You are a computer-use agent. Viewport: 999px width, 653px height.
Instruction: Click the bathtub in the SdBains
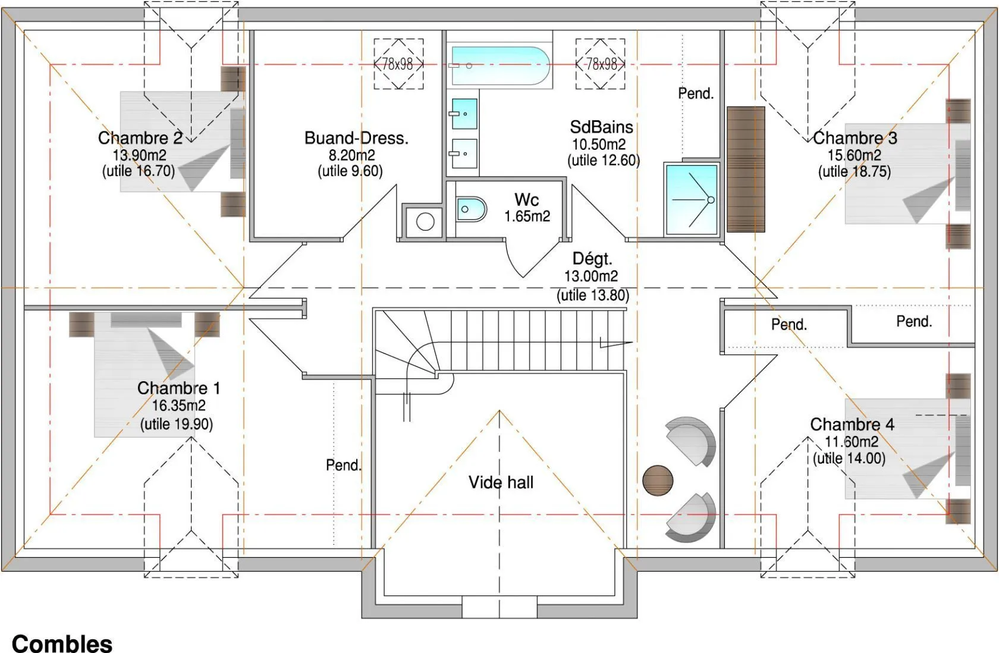click(x=500, y=65)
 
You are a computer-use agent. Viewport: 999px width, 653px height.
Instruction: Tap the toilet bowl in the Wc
click(x=471, y=209)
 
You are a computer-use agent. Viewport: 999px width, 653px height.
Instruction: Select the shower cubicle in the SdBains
click(x=691, y=199)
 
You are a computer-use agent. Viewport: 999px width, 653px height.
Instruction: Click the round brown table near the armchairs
click(x=658, y=481)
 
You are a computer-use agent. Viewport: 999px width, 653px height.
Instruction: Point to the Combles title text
click(x=62, y=643)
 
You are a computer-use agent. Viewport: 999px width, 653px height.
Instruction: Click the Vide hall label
click(x=501, y=482)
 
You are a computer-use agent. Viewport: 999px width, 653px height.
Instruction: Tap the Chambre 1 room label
click(x=179, y=388)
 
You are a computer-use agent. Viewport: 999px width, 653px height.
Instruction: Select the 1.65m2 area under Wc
click(x=527, y=216)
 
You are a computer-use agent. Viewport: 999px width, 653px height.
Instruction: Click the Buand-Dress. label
click(x=356, y=138)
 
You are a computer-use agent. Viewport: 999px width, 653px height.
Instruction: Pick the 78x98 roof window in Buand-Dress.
click(x=398, y=64)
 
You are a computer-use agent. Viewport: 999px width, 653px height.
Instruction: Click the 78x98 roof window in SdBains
click(x=601, y=64)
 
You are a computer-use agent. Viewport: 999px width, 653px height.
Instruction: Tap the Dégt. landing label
click(x=592, y=258)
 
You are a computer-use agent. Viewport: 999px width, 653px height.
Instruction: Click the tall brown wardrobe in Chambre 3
click(x=746, y=169)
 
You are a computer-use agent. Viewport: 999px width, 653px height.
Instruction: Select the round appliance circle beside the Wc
click(x=425, y=222)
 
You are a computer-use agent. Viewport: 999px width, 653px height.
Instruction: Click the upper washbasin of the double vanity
click(x=464, y=114)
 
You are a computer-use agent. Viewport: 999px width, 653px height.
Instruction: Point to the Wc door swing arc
click(x=511, y=261)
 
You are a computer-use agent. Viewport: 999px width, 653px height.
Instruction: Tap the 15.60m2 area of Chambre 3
click(x=855, y=155)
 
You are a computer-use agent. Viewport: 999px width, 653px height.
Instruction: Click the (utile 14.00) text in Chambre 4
click(x=849, y=458)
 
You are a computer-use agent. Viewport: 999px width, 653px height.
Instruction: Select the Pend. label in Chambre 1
click(x=344, y=465)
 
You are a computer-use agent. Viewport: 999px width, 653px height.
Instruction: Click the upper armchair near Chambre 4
click(x=691, y=441)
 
